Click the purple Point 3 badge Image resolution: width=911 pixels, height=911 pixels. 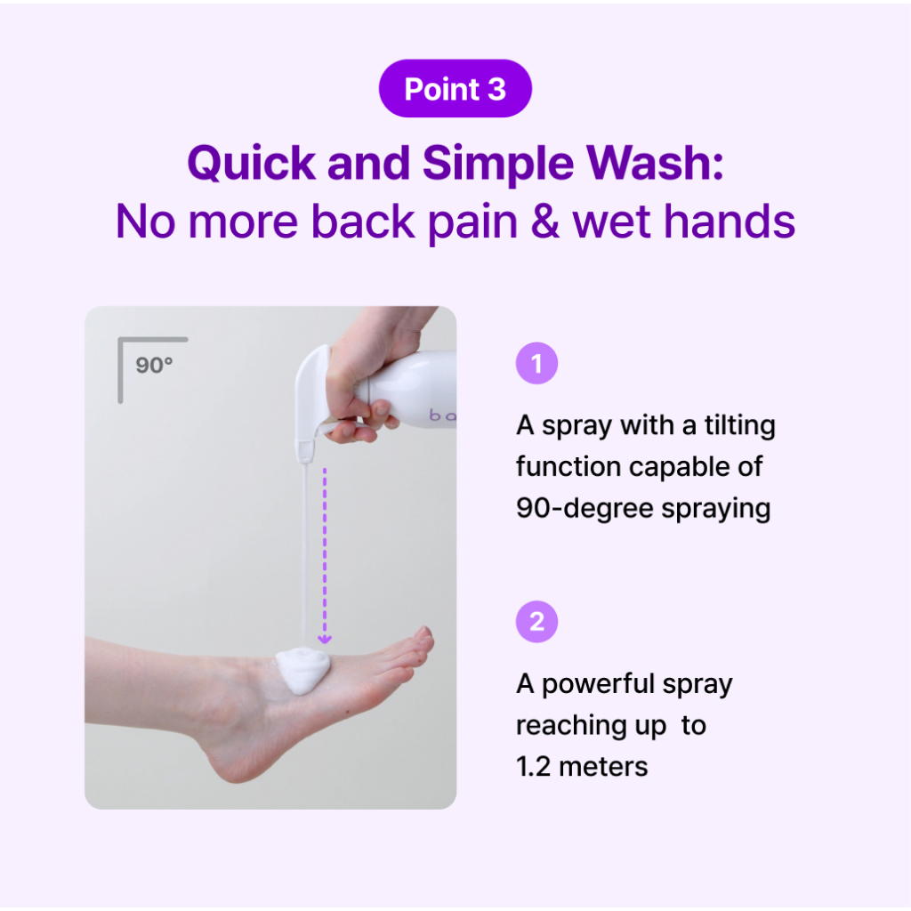click(455, 88)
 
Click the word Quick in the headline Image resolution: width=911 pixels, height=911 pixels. click(251, 164)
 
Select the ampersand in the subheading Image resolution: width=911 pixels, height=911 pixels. click(544, 222)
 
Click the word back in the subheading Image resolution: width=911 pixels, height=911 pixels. click(363, 221)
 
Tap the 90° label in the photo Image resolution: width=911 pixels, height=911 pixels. click(154, 365)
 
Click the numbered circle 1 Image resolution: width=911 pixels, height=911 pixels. click(536, 363)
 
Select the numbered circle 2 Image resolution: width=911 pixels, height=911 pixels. click(536, 622)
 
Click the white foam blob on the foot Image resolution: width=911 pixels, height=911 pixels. click(302, 670)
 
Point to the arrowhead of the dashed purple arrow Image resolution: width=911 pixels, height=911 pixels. click(324, 639)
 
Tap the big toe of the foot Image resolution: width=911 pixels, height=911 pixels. click(423, 636)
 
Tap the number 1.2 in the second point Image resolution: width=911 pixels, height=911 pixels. click(533, 766)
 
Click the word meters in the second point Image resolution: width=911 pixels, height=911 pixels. click(603, 766)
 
